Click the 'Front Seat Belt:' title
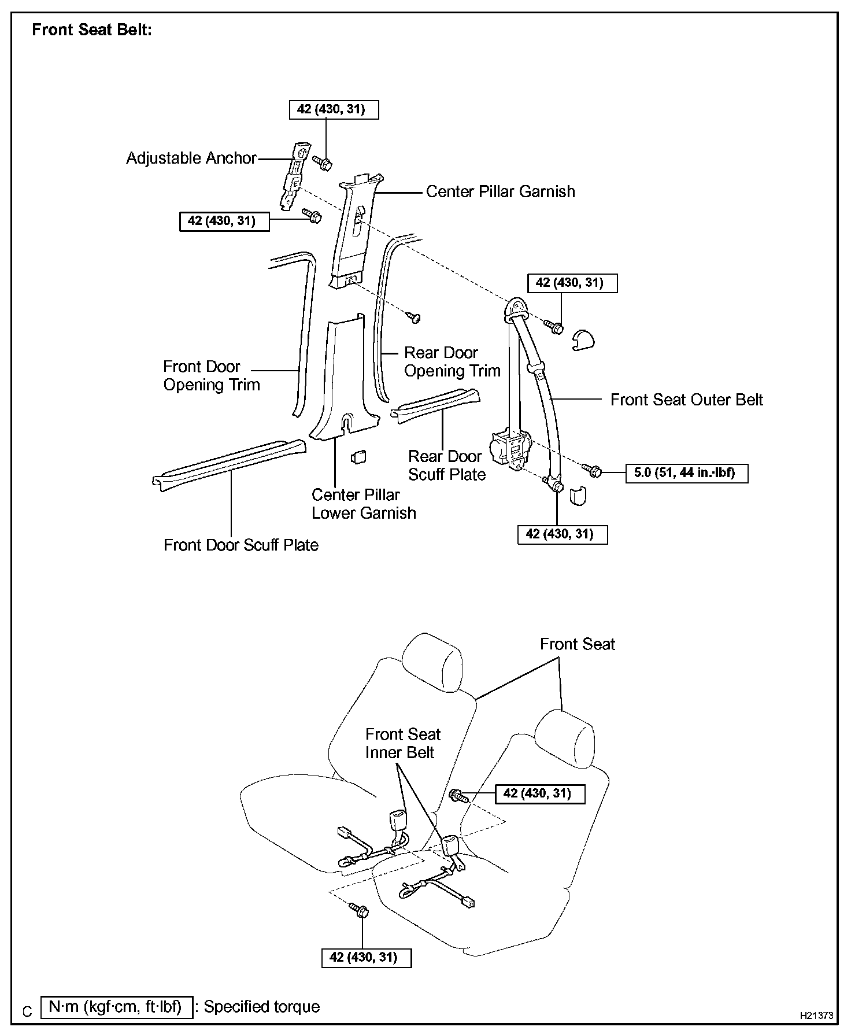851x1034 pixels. [92, 30]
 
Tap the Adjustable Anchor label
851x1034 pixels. [191, 158]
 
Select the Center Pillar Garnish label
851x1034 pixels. [500, 192]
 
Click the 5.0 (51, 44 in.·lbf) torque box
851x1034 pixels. [686, 473]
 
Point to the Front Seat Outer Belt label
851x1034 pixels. [686, 400]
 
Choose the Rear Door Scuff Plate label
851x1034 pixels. [446, 466]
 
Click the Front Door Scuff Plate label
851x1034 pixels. [240, 545]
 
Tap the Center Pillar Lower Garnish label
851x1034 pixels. [363, 504]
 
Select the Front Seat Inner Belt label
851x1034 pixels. [402, 744]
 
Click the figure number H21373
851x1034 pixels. [816, 1015]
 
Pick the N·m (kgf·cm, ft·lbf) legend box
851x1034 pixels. [116, 1007]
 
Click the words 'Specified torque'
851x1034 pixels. [261, 1007]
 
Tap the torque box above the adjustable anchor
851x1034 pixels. [334, 109]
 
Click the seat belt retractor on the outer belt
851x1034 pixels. [510, 450]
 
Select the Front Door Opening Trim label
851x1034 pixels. [211, 376]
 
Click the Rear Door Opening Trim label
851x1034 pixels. [452, 362]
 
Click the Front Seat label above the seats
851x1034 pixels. [577, 645]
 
